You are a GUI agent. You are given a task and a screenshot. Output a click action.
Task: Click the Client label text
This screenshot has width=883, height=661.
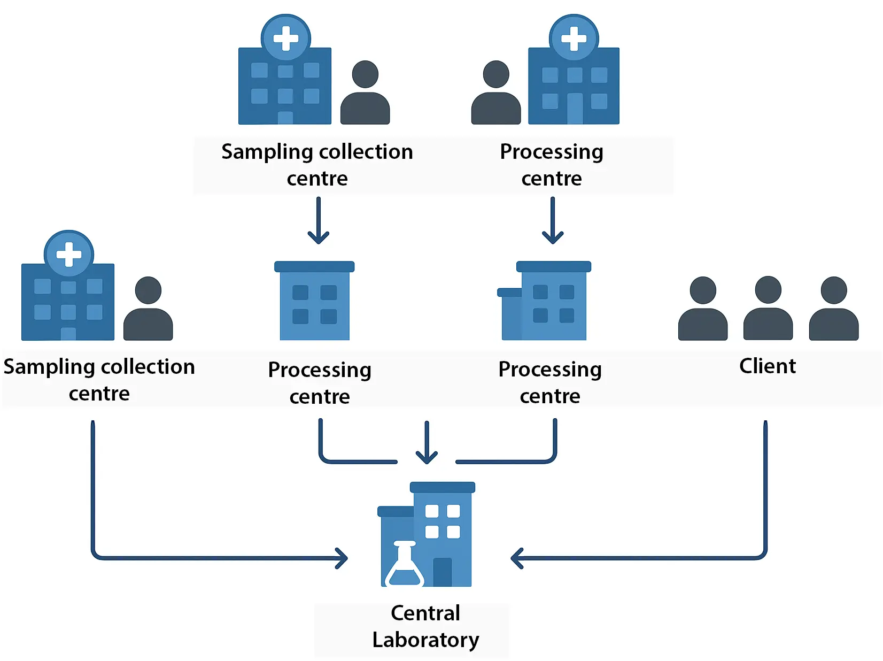(767, 366)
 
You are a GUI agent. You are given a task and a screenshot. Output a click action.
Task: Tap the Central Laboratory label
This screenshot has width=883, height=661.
(425, 626)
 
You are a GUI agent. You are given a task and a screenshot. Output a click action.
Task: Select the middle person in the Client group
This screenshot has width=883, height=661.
(768, 309)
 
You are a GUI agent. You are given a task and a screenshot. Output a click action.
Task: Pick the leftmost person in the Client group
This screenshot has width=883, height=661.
(703, 309)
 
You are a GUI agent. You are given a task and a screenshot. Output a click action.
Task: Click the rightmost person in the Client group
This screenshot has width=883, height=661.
(833, 309)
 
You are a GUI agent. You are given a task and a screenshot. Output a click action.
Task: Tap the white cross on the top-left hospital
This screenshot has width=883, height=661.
(286, 39)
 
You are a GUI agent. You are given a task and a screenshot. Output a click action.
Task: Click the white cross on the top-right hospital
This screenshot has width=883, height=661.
(574, 39)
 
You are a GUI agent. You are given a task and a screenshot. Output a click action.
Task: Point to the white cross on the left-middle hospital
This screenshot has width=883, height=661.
(69, 255)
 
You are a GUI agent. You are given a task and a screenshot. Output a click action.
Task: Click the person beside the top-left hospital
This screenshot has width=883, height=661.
(365, 93)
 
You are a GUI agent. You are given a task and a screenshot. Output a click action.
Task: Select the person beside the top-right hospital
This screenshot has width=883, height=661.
(496, 93)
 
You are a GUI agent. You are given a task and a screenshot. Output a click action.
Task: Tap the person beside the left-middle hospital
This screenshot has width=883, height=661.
(148, 309)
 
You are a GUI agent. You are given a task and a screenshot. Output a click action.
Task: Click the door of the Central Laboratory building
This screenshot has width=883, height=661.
(442, 572)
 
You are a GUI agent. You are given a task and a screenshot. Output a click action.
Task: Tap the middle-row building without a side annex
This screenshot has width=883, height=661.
(314, 302)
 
